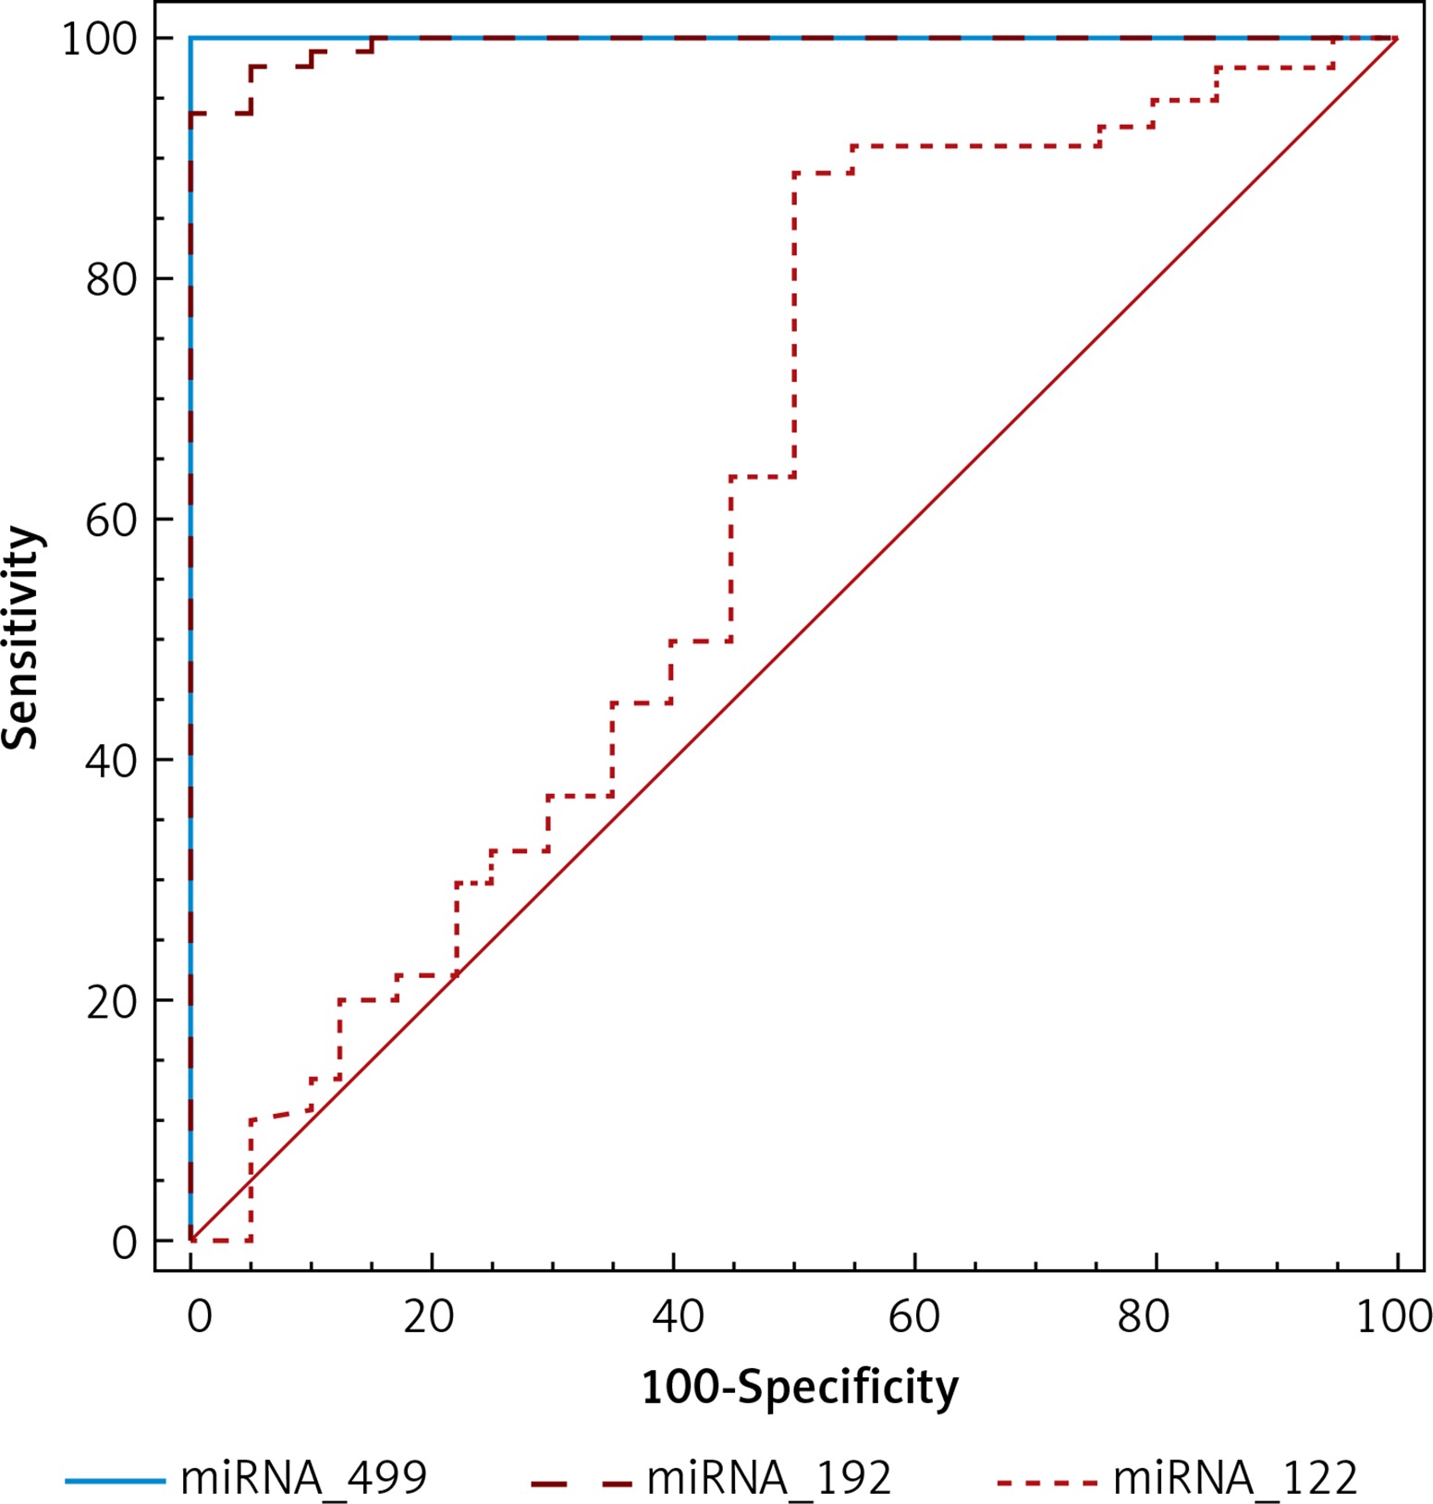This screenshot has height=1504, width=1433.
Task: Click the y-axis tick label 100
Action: (98, 39)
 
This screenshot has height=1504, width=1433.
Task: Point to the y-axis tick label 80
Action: (111, 279)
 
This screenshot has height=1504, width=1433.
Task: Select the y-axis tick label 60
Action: (111, 520)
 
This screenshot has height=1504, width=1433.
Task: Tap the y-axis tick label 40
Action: (111, 761)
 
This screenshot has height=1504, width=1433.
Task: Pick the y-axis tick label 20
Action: (111, 1001)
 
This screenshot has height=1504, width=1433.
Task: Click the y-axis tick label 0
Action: (125, 1242)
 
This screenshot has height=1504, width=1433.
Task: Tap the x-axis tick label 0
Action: (199, 1316)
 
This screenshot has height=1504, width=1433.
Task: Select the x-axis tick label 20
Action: (429, 1316)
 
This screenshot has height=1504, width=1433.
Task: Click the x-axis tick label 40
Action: (678, 1316)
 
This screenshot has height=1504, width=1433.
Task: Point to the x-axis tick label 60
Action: (913, 1316)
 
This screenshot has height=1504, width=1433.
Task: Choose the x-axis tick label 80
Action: (1143, 1316)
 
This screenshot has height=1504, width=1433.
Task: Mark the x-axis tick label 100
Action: (1393, 1316)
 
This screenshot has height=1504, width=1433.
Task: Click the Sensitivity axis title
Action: (22, 638)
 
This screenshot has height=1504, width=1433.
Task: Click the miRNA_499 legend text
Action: (303, 1477)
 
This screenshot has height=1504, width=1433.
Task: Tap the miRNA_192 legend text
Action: (768, 1477)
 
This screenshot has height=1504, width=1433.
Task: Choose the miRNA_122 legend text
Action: (1234, 1477)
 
